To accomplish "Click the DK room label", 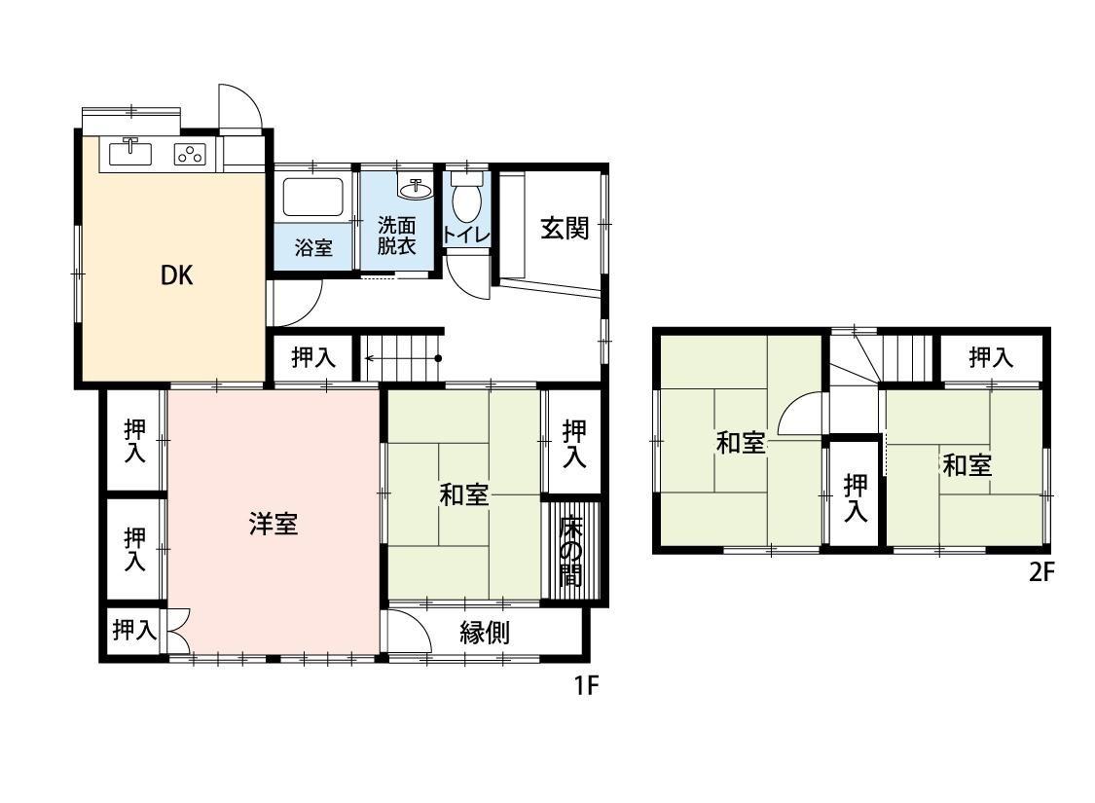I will tap(176, 275).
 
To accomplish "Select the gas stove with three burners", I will tap(190, 154).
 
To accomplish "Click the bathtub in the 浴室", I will tap(312, 198).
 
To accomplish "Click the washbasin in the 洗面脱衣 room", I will tap(416, 188).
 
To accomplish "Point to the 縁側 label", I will tap(485, 633).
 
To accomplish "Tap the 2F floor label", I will tap(1040, 572).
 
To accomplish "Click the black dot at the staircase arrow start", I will tap(438, 358).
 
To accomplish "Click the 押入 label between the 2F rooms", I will tap(855, 496).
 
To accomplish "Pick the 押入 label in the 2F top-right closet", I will tap(991, 358).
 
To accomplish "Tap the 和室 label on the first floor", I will tap(463, 494).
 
